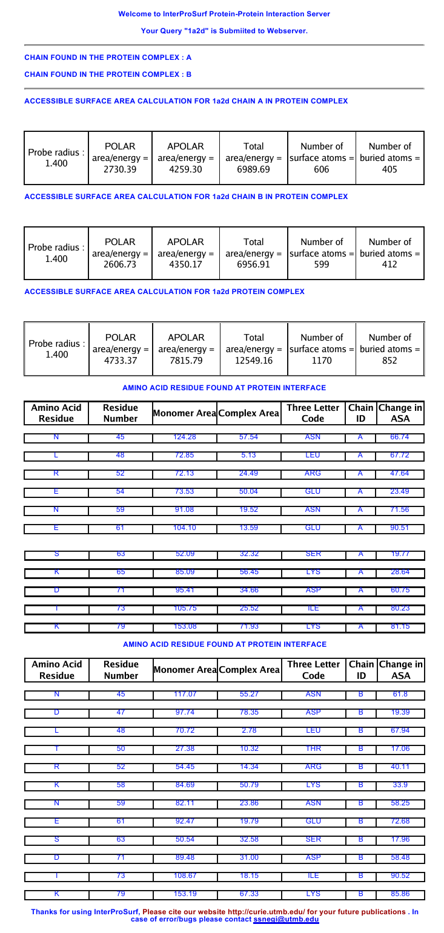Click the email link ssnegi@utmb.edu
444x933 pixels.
[x=286, y=919]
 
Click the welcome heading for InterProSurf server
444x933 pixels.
[x=224, y=14]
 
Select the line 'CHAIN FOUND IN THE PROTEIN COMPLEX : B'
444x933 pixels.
[x=108, y=74]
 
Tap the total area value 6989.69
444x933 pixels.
[x=253, y=170]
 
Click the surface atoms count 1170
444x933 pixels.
[x=322, y=361]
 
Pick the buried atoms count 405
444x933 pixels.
[x=389, y=170]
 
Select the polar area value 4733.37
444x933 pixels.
[x=120, y=361]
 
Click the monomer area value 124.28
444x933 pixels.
[x=185, y=437]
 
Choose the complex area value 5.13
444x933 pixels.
[x=249, y=455]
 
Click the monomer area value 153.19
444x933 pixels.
[x=185, y=893]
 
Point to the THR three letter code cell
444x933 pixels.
[x=313, y=748]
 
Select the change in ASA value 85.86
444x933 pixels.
[x=400, y=893]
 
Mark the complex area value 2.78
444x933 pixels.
[x=249, y=730]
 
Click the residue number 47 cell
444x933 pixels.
[x=121, y=712]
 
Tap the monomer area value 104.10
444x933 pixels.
[x=185, y=528]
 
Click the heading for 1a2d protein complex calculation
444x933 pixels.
[x=164, y=292]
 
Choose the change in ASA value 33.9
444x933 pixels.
[x=400, y=785]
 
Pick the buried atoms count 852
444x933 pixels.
[x=389, y=361]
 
